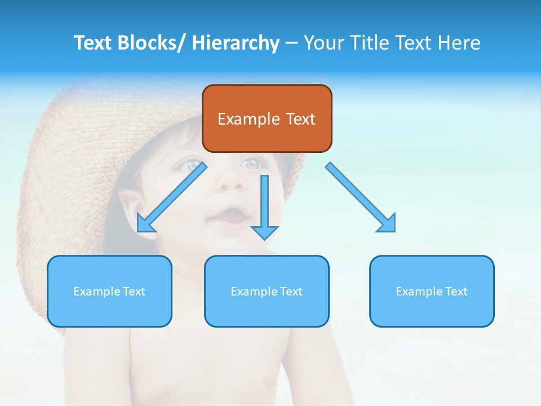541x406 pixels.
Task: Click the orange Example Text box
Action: pyautogui.click(x=267, y=118)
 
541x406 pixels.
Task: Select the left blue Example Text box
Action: pyautogui.click(x=109, y=291)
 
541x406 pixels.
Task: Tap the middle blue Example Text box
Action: pyautogui.click(x=267, y=291)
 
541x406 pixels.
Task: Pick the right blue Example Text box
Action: pyautogui.click(x=432, y=291)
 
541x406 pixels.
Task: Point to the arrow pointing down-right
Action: pyautogui.click(x=361, y=197)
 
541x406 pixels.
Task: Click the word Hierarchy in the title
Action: pyautogui.click(x=236, y=43)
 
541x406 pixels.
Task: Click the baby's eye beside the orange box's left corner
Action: pyautogui.click(x=193, y=165)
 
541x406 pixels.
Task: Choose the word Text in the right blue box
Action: pyautogui.click(x=456, y=292)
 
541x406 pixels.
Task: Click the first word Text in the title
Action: pyautogui.click(x=94, y=43)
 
